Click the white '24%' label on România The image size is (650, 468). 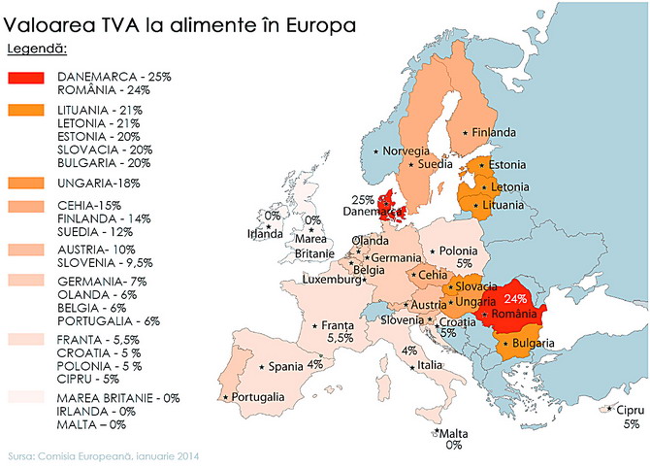click(x=515, y=300)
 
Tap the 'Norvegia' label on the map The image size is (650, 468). click(x=406, y=151)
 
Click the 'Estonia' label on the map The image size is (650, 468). click(x=508, y=164)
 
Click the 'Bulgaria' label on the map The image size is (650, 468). click(x=534, y=344)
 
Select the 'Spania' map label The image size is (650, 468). click(x=286, y=367)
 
